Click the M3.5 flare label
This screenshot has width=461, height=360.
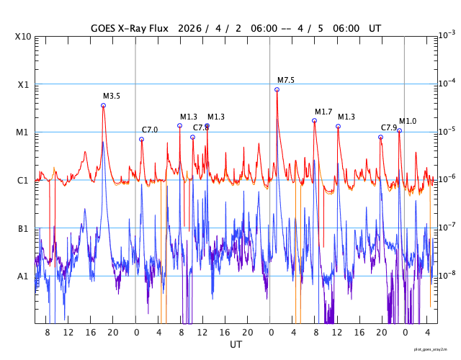112,96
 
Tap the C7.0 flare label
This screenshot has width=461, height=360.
150,130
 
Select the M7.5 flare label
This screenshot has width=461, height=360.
286,80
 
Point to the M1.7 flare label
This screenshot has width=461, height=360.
323,112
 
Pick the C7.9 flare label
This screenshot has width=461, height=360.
389,127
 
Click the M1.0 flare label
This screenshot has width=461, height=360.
408,121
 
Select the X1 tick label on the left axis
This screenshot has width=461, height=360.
24,84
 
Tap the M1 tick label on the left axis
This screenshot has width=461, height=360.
24,132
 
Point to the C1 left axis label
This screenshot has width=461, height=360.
24,180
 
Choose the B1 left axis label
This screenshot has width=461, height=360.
24,228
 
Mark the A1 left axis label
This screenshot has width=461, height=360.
24,276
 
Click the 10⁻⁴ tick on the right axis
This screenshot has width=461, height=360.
446,83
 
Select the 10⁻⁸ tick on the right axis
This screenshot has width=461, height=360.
446,275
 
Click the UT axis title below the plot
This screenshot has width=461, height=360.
236,345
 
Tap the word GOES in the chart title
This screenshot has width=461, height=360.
104,29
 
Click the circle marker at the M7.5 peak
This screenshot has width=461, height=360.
277,89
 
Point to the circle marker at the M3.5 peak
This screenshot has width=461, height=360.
103,105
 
